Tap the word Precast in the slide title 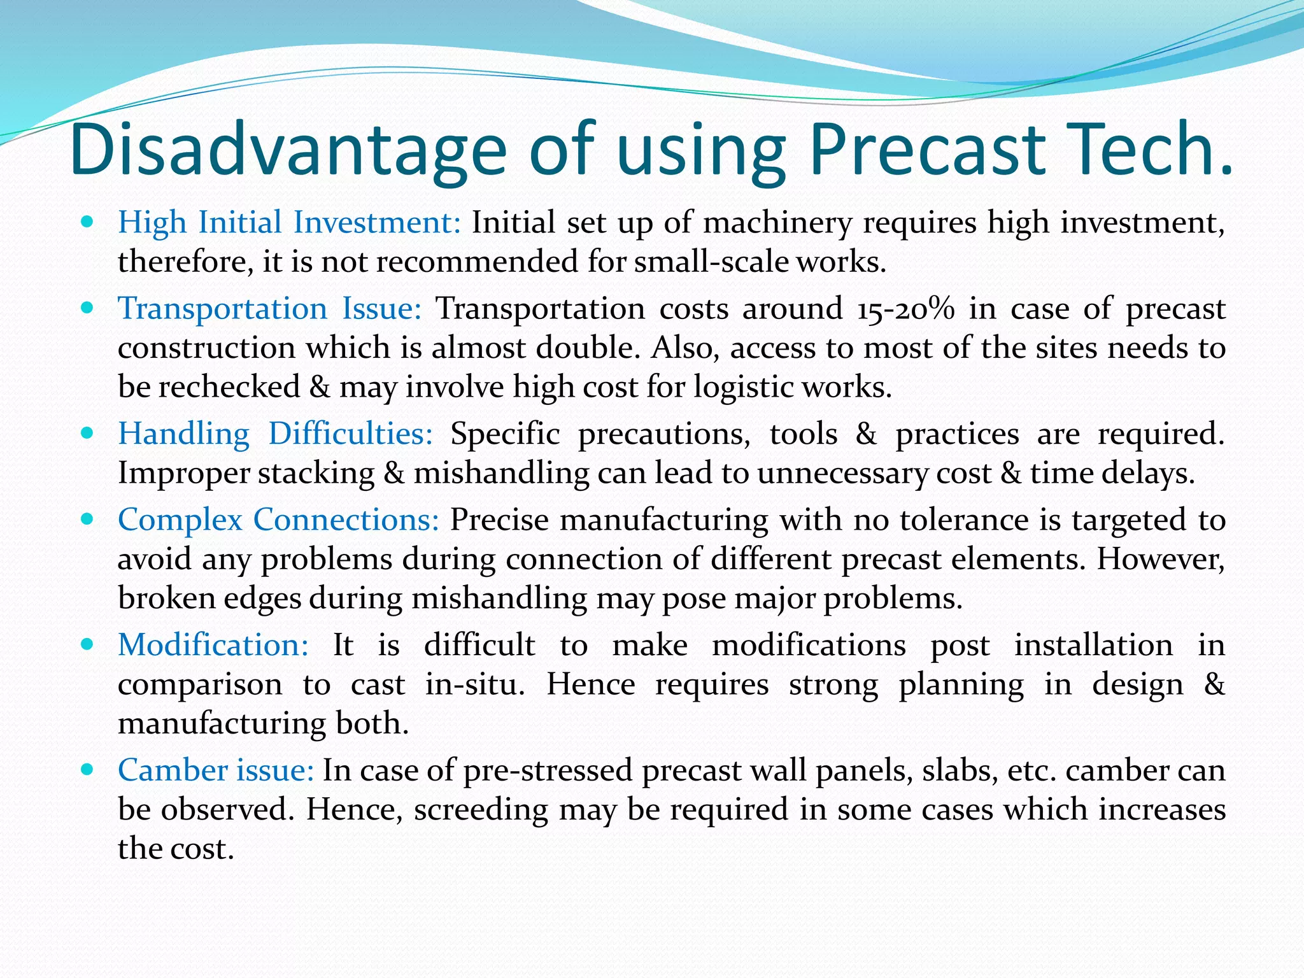[x=926, y=150]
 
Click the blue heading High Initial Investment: [x=289, y=223]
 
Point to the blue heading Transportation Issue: [x=269, y=309]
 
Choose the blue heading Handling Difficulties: [x=275, y=434]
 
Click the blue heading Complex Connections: [x=278, y=520]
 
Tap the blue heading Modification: [x=213, y=645]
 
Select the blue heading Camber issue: [x=216, y=770]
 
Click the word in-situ [x=475, y=684]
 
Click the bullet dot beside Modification [x=88, y=644]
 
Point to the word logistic [x=742, y=387]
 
